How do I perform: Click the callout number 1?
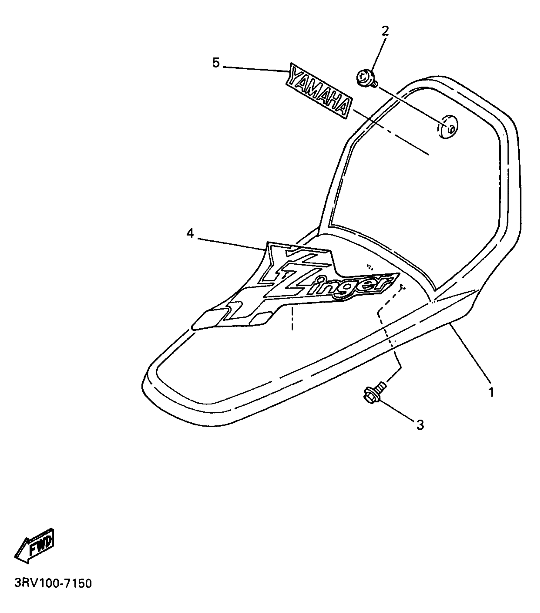tap(491, 393)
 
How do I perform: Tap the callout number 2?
tap(385, 31)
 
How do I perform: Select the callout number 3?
tap(420, 425)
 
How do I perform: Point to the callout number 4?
tap(190, 234)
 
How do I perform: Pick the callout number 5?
tap(216, 63)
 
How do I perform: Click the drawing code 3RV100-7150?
tap(53, 584)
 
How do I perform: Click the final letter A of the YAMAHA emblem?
tap(344, 109)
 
